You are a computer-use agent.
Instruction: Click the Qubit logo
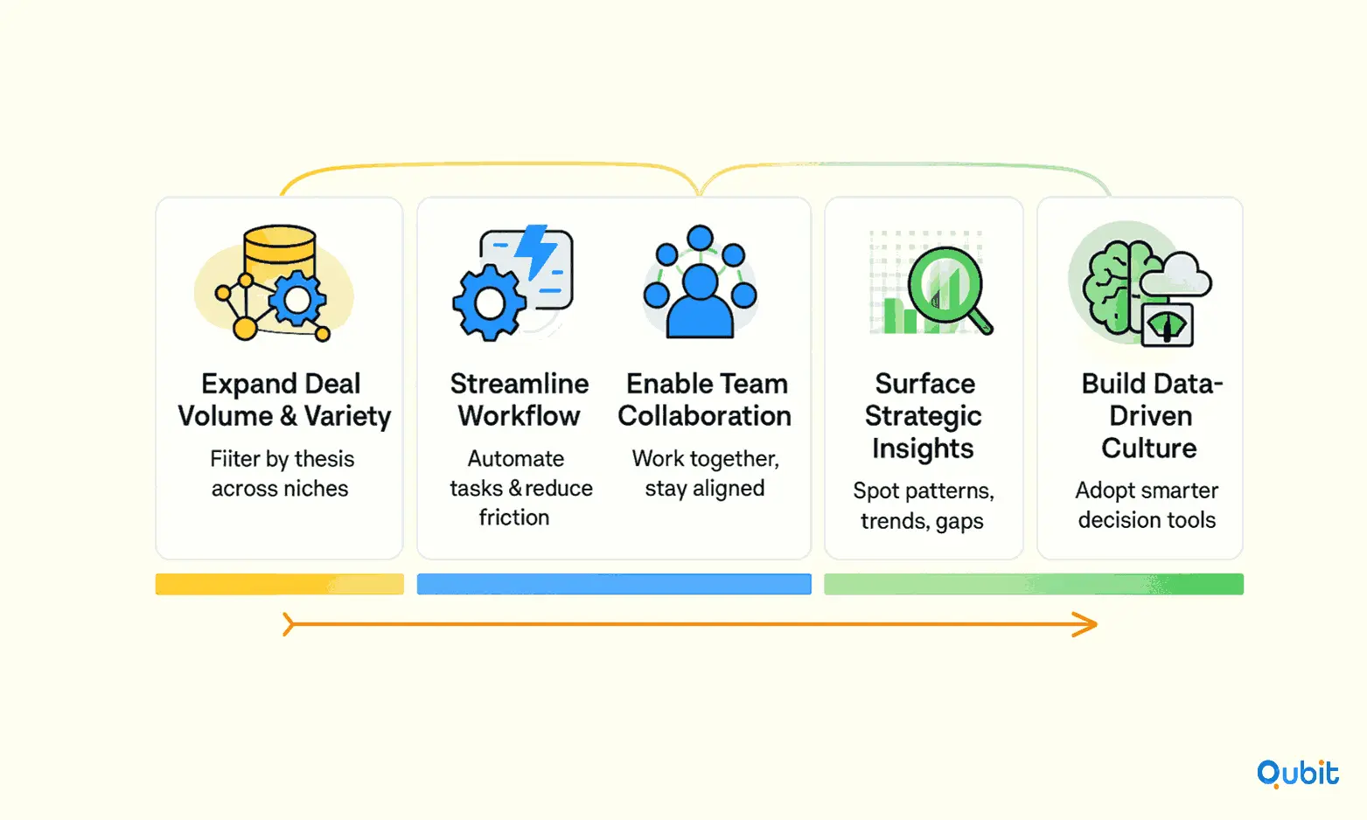[x=1297, y=774]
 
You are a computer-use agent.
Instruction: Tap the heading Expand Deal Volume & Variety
[x=283, y=400]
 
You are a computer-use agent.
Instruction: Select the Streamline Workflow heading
[x=520, y=400]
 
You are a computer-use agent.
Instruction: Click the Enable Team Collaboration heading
[x=705, y=400]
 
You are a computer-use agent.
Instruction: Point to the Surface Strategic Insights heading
[x=924, y=416]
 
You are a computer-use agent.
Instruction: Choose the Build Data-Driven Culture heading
[x=1151, y=416]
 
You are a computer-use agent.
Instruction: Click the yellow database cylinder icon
[x=280, y=255]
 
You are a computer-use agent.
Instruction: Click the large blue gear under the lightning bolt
[x=489, y=302]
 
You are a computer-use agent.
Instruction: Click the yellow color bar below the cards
[x=280, y=584]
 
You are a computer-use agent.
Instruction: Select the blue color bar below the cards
[x=614, y=584]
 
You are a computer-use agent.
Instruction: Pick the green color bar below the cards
[x=1034, y=584]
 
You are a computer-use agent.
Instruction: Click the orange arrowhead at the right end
[x=1086, y=624]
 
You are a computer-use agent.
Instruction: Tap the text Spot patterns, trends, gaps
[x=923, y=506]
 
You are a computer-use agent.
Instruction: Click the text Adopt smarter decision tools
[x=1147, y=505]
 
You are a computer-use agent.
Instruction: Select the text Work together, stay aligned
[x=706, y=474]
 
